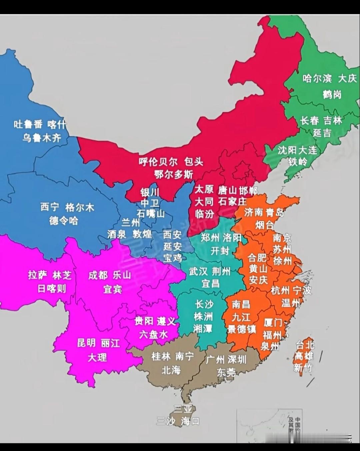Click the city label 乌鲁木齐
[x=42, y=138]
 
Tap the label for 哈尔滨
[x=317, y=79]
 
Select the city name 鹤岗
[x=332, y=95]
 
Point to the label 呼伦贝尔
[x=158, y=162]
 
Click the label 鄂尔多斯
[x=173, y=174]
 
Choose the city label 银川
[x=150, y=193]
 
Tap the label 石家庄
[x=233, y=202]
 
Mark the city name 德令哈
[x=64, y=221]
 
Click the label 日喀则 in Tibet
[x=52, y=288]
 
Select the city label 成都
[x=98, y=275]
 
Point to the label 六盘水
[x=154, y=334]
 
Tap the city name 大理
[x=97, y=357]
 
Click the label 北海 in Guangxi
[x=171, y=370]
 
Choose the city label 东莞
[x=226, y=372]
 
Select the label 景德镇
[x=242, y=329]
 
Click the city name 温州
[x=291, y=303]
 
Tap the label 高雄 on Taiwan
[x=304, y=356]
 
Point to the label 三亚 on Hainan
[x=183, y=409]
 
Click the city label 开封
[x=220, y=250]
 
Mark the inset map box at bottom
[x=269, y=426]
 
